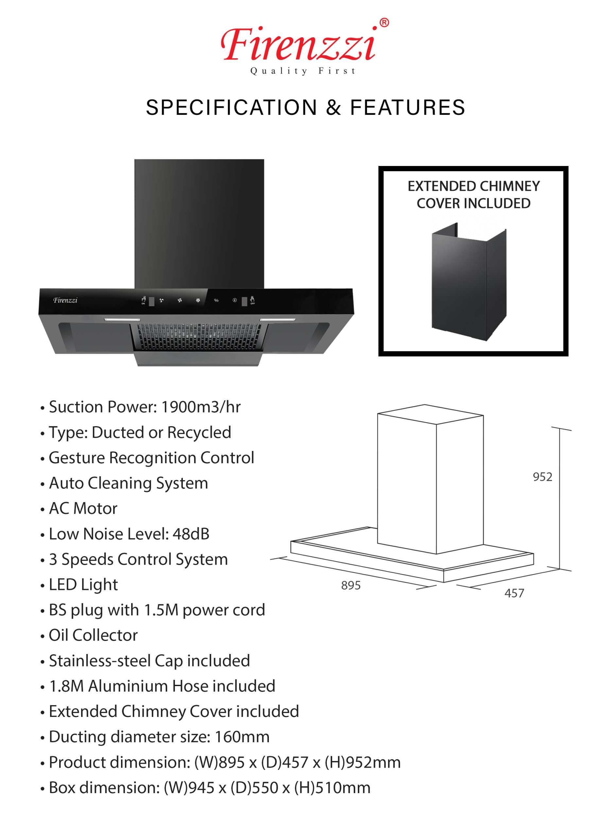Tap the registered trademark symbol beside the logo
pyautogui.click(x=384, y=23)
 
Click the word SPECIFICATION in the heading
pyautogui.click(x=232, y=107)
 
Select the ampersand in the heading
pyautogui.click(x=333, y=107)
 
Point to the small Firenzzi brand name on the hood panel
pyautogui.click(x=65, y=300)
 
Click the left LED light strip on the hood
pyautogui.click(x=122, y=319)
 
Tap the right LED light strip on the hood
pyautogui.click(x=278, y=319)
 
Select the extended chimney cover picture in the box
pyautogui.click(x=469, y=282)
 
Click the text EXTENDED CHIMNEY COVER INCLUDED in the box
pyautogui.click(x=474, y=195)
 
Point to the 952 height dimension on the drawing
pyautogui.click(x=542, y=477)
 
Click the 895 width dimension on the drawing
pyautogui.click(x=351, y=585)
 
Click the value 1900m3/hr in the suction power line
pyautogui.click(x=201, y=407)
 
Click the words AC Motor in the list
pyautogui.click(x=83, y=508)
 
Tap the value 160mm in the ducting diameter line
pyautogui.click(x=242, y=737)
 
